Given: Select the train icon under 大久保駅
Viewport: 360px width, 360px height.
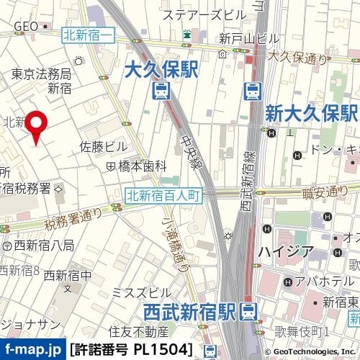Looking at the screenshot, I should (161, 91).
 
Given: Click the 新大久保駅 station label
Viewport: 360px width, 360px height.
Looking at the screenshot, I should (311, 112).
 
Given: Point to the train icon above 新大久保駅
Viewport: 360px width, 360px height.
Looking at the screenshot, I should (252, 91).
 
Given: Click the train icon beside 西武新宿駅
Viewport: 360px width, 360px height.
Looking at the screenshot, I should (248, 312).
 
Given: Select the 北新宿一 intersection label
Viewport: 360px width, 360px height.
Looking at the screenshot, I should (89, 32).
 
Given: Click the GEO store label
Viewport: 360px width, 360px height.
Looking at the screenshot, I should (26, 26).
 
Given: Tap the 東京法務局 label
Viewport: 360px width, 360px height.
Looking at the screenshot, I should (41, 73).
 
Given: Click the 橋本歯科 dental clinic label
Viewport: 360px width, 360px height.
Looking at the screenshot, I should (142, 166).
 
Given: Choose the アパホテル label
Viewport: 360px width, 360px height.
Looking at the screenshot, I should (321, 281).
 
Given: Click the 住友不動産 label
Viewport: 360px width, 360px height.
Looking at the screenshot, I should (138, 332).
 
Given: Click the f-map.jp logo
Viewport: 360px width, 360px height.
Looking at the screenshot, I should (33, 350).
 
